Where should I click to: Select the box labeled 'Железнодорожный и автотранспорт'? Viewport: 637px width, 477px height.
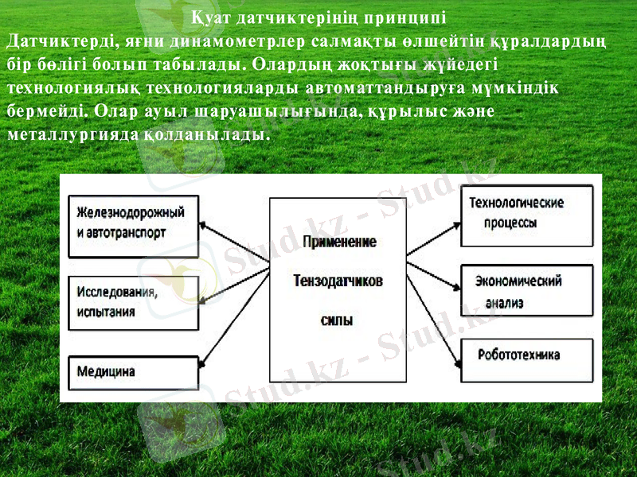point(132,226)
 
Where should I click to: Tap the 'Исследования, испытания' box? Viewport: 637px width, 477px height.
point(132,302)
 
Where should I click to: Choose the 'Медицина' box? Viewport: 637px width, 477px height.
point(132,371)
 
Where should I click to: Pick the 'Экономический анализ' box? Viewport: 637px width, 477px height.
point(527,291)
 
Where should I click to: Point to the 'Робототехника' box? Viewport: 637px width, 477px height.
point(527,356)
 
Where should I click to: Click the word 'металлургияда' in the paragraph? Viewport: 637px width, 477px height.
point(72,135)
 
